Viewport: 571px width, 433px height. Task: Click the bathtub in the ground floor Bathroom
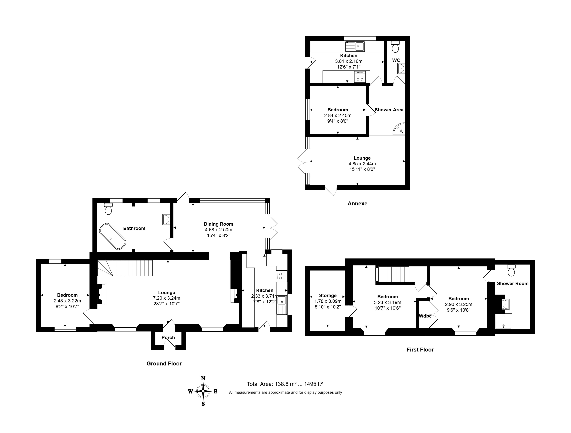(x=113, y=236)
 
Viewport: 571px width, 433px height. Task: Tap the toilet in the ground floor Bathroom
(x=109, y=209)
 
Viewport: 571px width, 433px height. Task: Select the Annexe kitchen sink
(x=355, y=47)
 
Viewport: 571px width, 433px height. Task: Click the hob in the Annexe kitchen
(x=360, y=77)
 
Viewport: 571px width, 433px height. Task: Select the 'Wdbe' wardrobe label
(x=425, y=316)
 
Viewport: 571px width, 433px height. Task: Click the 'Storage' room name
(x=328, y=296)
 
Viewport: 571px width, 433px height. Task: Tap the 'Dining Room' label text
(x=218, y=224)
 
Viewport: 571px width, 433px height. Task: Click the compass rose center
(x=203, y=391)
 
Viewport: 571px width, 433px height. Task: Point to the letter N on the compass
(x=203, y=378)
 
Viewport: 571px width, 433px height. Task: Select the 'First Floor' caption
(x=420, y=350)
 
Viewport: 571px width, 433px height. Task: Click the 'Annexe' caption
(x=357, y=204)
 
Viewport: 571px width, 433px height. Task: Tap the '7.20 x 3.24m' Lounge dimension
(x=167, y=298)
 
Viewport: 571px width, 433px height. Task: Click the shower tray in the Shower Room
(x=503, y=321)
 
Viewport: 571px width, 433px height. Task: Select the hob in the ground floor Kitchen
(x=282, y=276)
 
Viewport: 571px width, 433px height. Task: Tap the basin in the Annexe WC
(x=401, y=69)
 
